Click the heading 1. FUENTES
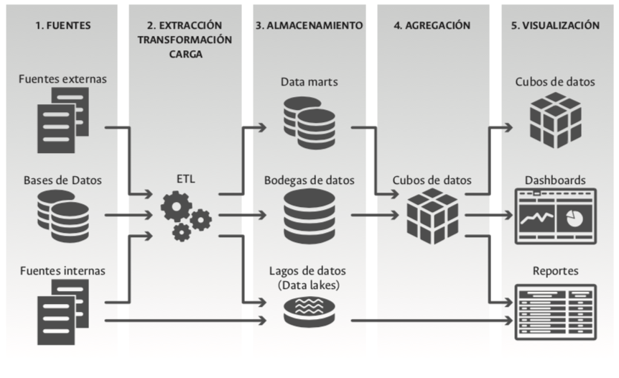[63, 25]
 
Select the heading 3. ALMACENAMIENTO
[309, 25]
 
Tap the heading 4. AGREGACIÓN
[432, 25]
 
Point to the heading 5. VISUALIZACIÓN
[555, 25]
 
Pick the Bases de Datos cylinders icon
[62, 215]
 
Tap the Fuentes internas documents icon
[62, 310]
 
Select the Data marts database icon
[309, 120]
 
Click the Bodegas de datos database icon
[309, 215]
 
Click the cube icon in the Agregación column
[432, 216]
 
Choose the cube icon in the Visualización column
[555, 118]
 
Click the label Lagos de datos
[309, 272]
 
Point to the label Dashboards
[555, 180]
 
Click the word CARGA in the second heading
[185, 54]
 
